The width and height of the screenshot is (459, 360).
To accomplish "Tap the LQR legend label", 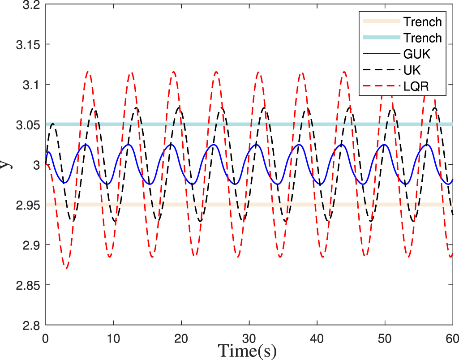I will coord(416,86).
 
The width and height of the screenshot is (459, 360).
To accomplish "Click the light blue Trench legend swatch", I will coord(381,38).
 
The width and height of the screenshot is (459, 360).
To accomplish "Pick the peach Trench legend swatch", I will coord(381,21).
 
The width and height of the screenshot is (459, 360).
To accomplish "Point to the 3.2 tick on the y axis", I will coord(30,5).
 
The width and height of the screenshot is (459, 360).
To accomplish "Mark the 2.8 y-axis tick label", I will coord(30,325).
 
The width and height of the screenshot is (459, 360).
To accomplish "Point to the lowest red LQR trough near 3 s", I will coord(66,269).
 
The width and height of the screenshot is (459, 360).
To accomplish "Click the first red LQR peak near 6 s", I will coord(88,71).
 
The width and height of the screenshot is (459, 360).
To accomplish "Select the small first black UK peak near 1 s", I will coord(53,124).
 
